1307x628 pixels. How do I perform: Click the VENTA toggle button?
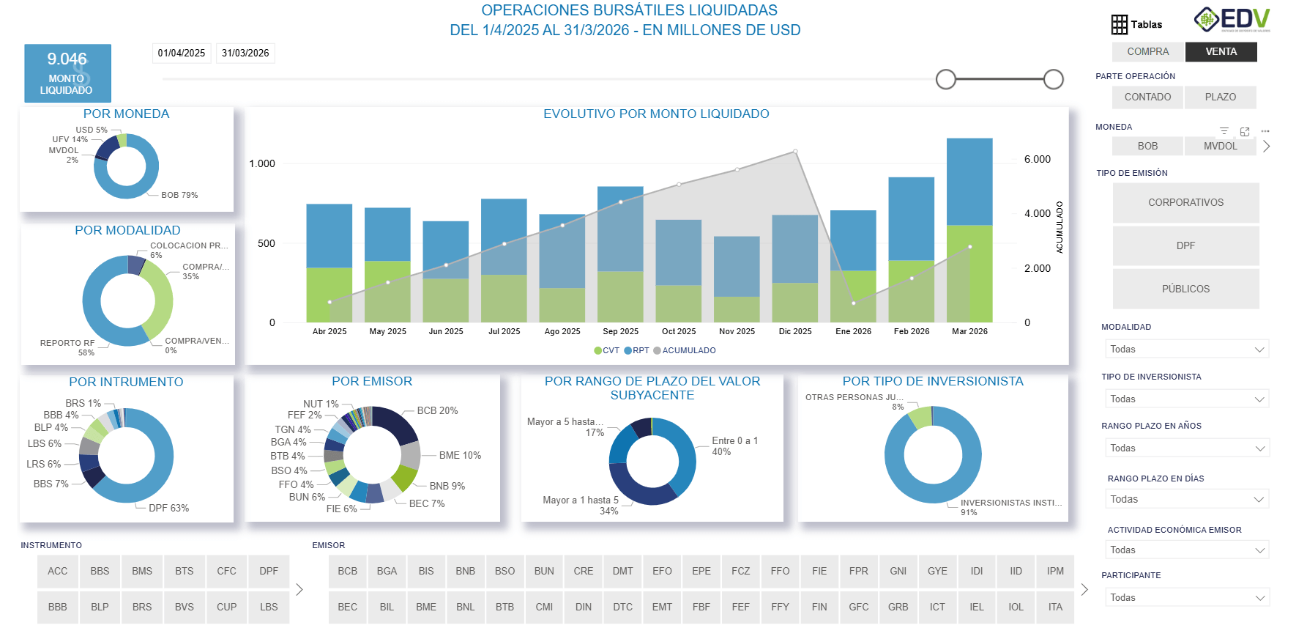coord(1221,51)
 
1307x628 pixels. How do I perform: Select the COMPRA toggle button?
coord(1147,51)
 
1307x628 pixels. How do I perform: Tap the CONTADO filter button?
coord(1147,97)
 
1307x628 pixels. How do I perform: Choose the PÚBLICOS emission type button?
coord(1185,289)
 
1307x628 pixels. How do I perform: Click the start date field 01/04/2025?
coord(182,53)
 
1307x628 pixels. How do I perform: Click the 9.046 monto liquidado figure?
coord(67,59)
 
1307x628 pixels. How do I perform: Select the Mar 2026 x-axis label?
coord(969,331)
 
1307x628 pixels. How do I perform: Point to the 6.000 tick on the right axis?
coord(1037,159)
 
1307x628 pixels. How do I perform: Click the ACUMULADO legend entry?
coord(688,350)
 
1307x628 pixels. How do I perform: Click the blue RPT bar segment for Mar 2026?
coord(969,181)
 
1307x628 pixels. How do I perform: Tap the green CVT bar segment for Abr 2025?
coord(329,295)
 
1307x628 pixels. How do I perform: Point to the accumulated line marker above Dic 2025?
coord(795,152)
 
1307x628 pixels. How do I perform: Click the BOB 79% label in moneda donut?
coord(179,195)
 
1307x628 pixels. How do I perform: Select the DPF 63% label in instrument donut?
coord(168,508)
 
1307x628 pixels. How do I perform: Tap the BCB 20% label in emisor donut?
coord(437,410)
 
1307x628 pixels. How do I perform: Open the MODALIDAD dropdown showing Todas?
coord(1185,350)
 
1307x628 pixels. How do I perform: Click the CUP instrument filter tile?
coord(226,607)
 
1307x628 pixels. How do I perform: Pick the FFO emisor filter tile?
coord(780,571)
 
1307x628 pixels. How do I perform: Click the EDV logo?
coord(1233,20)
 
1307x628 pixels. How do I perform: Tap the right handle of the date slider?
coord(1053,79)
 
